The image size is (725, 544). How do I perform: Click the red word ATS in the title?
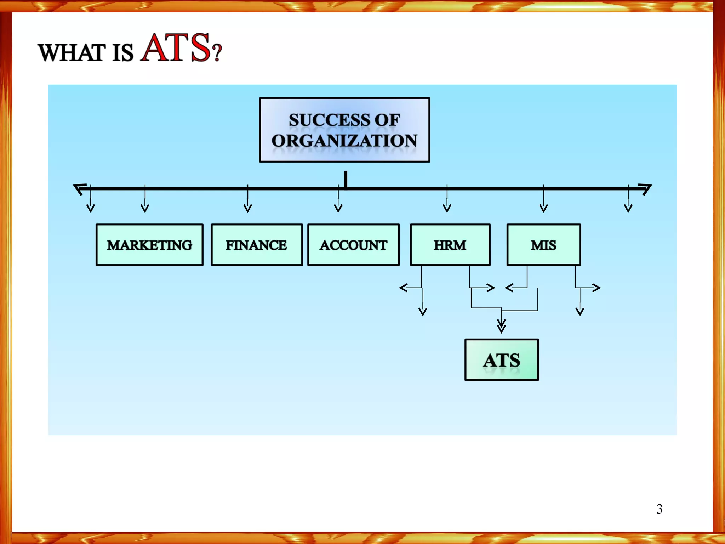click(175, 48)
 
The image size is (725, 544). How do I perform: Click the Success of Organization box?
click(344, 130)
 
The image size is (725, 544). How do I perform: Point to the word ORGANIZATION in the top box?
click(344, 141)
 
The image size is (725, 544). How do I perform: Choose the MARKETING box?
click(149, 245)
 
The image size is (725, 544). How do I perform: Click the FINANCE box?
click(257, 245)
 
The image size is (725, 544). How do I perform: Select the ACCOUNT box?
click(353, 245)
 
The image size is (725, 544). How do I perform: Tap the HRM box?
click(450, 245)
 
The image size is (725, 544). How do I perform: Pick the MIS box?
click(543, 245)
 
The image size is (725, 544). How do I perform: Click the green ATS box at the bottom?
click(502, 360)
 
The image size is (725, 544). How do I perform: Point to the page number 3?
click(660, 509)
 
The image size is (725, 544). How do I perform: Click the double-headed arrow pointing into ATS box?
click(501, 325)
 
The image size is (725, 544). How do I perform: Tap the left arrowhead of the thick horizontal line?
click(79, 188)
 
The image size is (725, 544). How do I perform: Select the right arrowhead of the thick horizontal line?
click(645, 188)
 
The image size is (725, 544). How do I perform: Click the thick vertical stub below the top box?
click(346, 179)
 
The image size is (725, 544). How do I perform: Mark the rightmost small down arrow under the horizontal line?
click(628, 208)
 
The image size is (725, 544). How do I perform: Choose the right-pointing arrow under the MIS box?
click(596, 288)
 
